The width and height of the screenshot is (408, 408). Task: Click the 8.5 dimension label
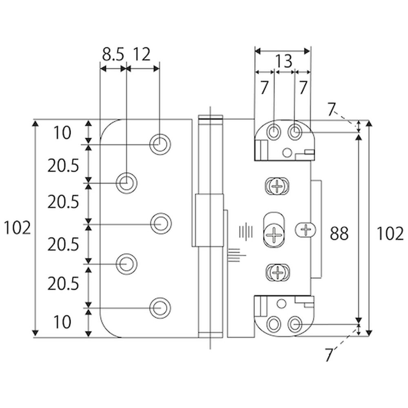tap(113, 54)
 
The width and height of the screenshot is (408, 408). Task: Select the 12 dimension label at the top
tap(142, 54)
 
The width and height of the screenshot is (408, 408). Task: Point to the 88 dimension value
tap(339, 233)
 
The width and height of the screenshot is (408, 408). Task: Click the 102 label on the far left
tap(17, 228)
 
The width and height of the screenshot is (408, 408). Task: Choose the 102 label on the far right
tap(390, 233)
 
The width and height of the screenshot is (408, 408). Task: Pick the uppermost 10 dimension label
tap(62, 133)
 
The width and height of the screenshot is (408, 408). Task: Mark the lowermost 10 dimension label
tap(62, 322)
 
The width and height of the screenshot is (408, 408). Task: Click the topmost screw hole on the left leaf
tap(160, 144)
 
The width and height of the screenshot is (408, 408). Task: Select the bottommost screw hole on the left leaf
tap(160, 308)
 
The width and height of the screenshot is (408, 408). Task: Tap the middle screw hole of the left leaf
tap(160, 224)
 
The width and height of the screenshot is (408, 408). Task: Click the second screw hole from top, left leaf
tap(126, 183)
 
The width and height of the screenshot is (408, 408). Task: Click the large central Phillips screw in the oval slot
tap(274, 234)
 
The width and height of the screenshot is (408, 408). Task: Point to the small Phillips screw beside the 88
tap(306, 229)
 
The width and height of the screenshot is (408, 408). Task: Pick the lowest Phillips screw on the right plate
tap(277, 273)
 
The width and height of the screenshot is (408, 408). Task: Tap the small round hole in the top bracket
tap(287, 153)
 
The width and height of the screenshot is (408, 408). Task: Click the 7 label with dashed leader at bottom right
tap(329, 354)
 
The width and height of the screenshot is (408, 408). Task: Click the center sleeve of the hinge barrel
tap(209, 220)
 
